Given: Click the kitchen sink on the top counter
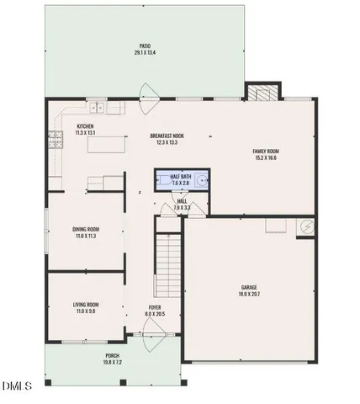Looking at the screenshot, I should tap(99, 107).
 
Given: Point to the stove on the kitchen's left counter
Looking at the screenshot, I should tap(56, 140).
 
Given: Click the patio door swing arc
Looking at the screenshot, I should tap(149, 91).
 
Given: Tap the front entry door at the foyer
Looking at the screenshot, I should tap(147, 336).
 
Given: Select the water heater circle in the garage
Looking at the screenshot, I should tap(307, 226).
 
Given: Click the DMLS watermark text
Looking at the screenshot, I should tap(16, 386).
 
